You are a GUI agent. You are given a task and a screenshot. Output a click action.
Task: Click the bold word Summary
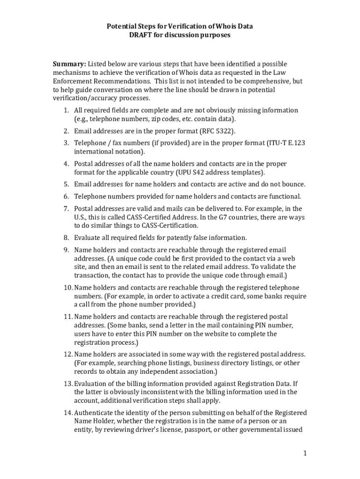click(69, 64)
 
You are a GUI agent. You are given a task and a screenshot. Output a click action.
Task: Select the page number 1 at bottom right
click(304, 453)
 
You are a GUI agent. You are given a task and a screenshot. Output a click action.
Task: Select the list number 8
click(66, 238)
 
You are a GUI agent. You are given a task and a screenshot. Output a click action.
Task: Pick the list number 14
click(66, 413)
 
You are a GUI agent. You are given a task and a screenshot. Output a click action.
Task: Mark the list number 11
click(66, 317)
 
